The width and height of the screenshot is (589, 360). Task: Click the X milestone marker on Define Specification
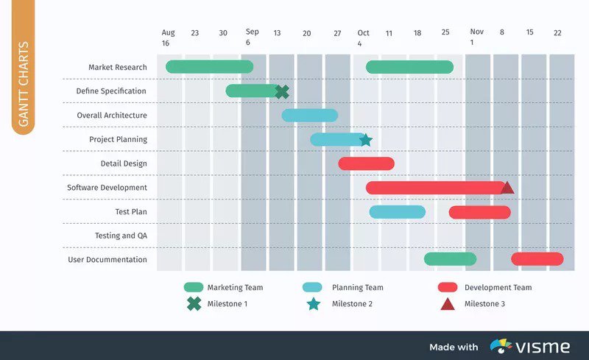pos(281,91)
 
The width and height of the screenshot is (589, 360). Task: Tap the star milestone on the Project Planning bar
pos(365,140)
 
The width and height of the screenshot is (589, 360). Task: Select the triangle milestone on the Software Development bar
pos(507,188)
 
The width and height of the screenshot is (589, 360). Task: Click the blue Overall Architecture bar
pos(309,115)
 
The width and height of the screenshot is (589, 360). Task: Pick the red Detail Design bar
pos(366,163)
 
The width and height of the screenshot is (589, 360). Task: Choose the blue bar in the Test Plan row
pos(397,212)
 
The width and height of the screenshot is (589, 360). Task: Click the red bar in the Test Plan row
pos(479,212)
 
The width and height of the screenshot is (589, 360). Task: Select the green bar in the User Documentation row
pos(450,259)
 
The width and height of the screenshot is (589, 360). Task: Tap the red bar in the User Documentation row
pos(537,259)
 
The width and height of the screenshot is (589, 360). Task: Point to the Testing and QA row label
pos(121,236)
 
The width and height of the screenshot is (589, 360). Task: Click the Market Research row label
pos(118,68)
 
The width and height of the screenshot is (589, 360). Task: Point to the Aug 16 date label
pos(169,37)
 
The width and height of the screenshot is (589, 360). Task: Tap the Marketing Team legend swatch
pos(194,287)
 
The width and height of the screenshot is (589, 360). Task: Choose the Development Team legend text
pos(498,287)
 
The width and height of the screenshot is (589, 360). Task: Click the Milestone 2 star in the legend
pos(314,303)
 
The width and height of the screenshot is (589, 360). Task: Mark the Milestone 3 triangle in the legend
pos(447,303)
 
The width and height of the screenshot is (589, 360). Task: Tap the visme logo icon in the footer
pos(501,346)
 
